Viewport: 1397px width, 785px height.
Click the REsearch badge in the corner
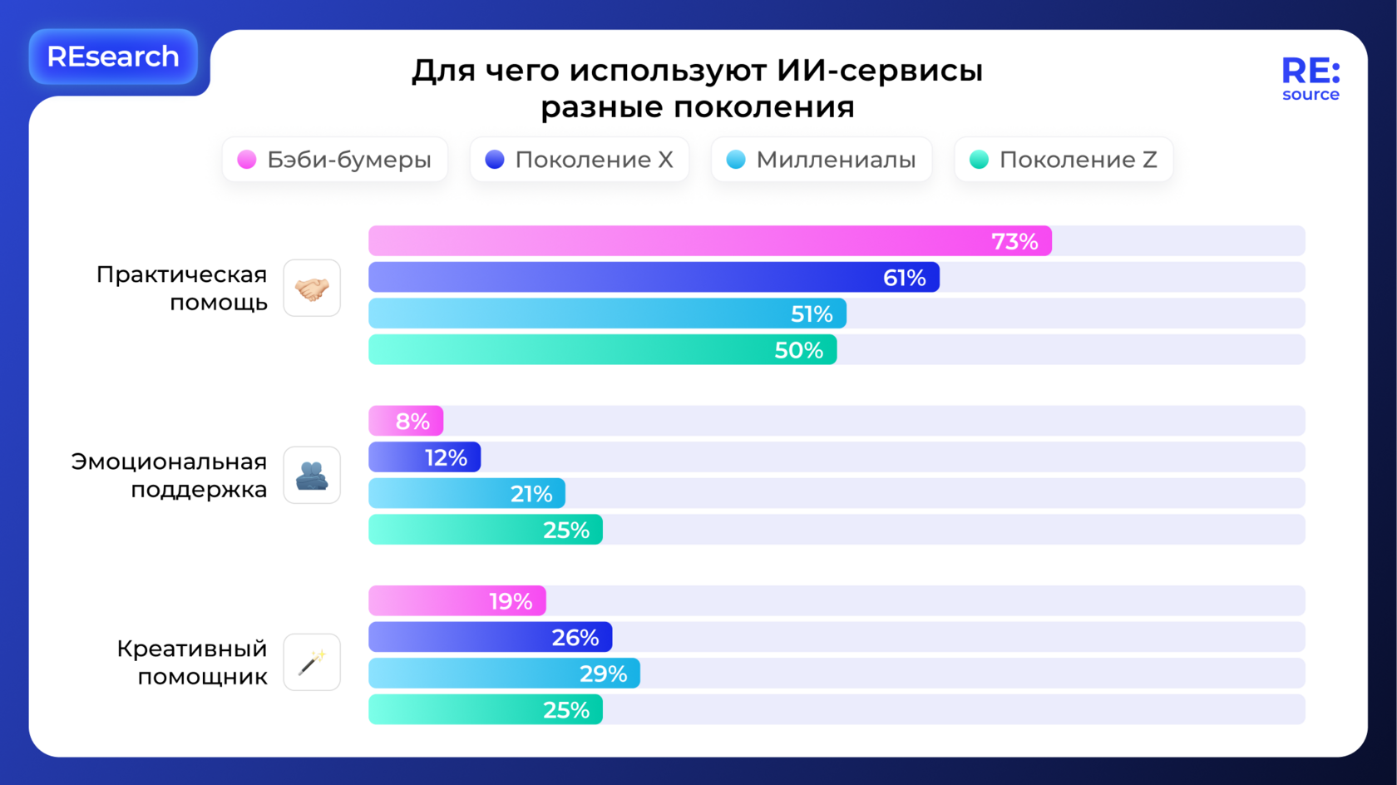point(113,57)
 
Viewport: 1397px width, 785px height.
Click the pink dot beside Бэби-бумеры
point(247,160)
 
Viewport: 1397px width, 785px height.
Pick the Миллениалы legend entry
point(822,160)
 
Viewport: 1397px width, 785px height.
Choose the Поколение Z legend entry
point(1064,160)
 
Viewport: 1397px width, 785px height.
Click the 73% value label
point(1014,241)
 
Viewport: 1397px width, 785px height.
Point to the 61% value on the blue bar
point(904,278)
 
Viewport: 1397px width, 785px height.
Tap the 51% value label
point(812,314)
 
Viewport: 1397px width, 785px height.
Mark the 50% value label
point(798,350)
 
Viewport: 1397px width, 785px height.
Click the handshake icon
point(312,289)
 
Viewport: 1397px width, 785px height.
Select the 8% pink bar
point(406,421)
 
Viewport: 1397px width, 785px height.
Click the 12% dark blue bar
point(425,457)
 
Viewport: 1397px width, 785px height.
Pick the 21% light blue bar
point(466,494)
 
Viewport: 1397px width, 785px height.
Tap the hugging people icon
point(312,475)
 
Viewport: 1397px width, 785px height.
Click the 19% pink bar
point(457,601)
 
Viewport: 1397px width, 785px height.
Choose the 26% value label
point(575,638)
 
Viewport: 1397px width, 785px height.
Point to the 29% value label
point(603,674)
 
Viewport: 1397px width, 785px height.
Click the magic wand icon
point(312,662)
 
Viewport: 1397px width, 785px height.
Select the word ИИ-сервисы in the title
point(880,71)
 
